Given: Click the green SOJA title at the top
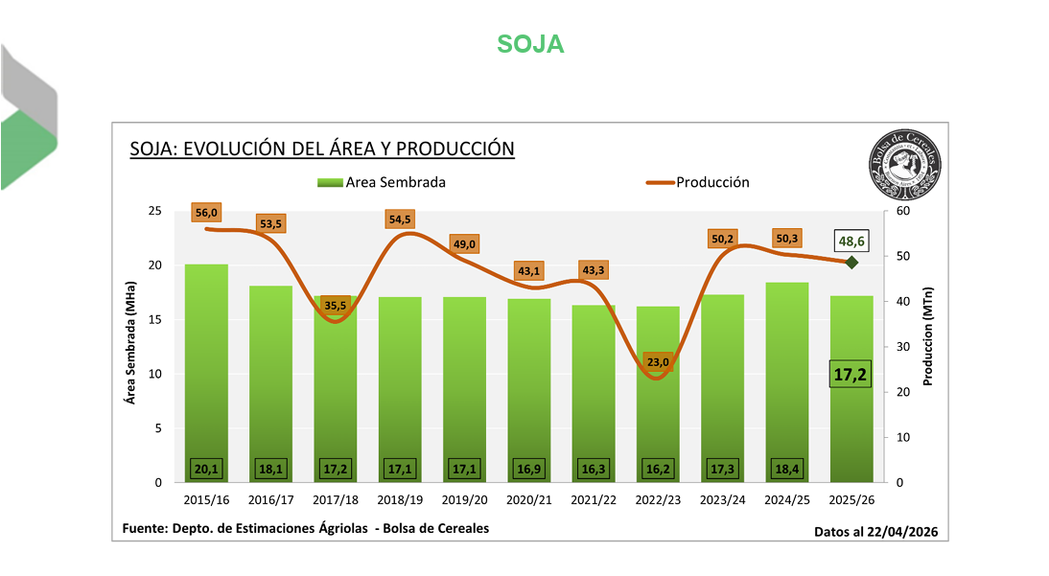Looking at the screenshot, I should click(530, 44).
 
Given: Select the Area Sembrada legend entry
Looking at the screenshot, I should click(381, 182).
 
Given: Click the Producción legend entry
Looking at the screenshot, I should click(697, 182).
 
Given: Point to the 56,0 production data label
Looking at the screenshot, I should click(206, 213).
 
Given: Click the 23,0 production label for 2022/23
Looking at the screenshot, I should click(660, 362).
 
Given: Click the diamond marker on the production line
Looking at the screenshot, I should click(851, 262).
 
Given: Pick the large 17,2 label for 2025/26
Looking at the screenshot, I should click(850, 375).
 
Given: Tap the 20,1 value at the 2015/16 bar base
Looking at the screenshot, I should click(207, 469).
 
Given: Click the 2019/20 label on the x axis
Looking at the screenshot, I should click(465, 499).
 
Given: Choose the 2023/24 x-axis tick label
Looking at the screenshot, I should click(724, 499).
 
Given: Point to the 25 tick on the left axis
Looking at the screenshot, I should click(154, 211).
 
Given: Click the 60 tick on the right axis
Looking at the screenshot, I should click(902, 211).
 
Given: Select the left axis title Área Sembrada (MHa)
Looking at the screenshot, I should click(131, 342).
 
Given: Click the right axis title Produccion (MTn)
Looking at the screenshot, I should click(927, 338).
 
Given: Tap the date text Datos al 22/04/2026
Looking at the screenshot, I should click(874, 531).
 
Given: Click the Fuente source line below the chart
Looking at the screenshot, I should click(306, 528).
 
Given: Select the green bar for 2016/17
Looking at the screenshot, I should click(271, 383).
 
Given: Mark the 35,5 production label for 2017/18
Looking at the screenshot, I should click(336, 306).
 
